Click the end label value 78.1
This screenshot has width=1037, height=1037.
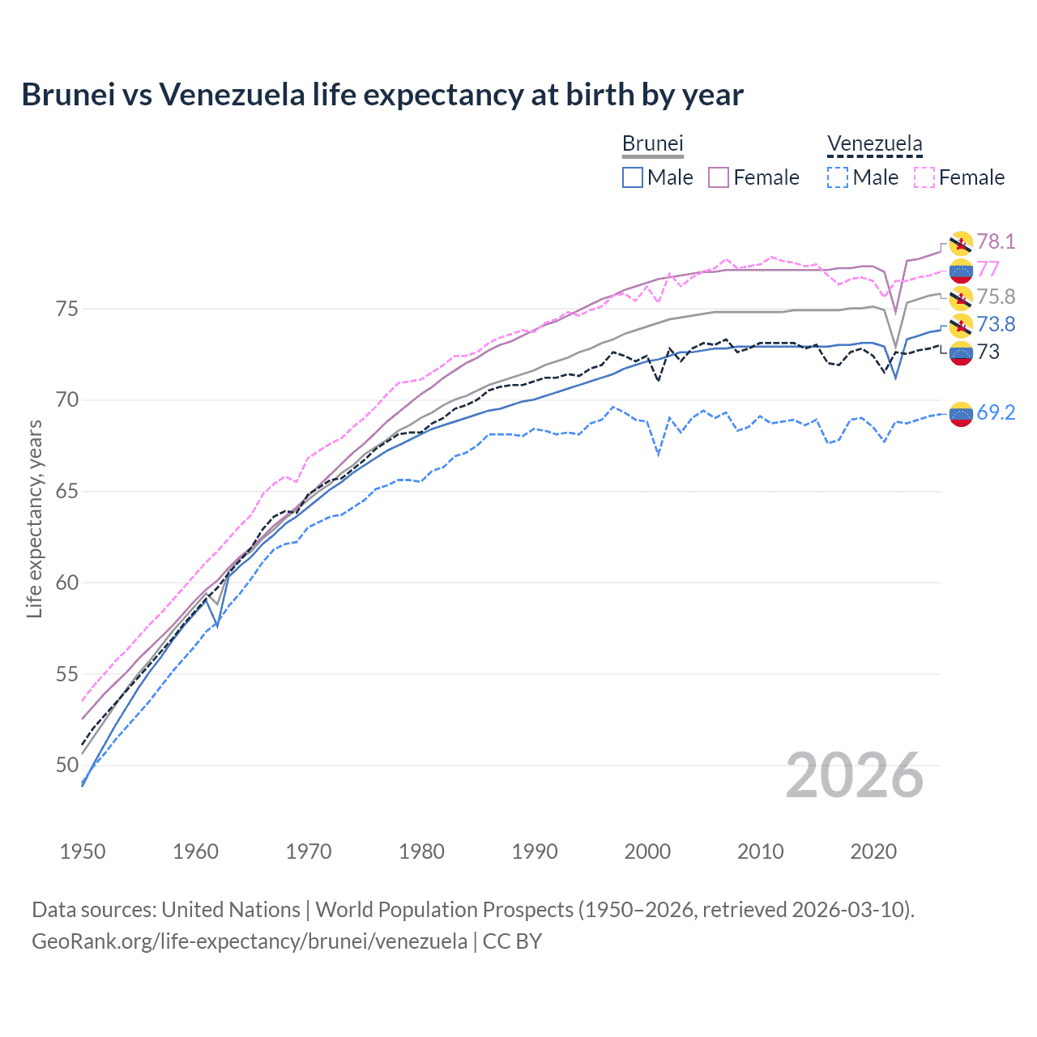pyautogui.click(x=996, y=241)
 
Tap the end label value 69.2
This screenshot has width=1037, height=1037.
pyautogui.click(x=996, y=412)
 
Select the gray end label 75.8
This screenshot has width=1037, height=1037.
pyautogui.click(x=996, y=297)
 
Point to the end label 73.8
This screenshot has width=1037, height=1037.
pyautogui.click(x=996, y=324)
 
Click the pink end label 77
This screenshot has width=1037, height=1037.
pyautogui.click(x=988, y=269)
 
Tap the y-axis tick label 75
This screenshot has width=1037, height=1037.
pyautogui.click(x=67, y=309)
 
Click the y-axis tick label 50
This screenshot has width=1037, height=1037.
pyautogui.click(x=67, y=765)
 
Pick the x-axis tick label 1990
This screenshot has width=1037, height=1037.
pyautogui.click(x=534, y=851)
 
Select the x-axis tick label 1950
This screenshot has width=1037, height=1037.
pyautogui.click(x=83, y=851)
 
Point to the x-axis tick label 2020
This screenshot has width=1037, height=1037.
pyautogui.click(x=873, y=851)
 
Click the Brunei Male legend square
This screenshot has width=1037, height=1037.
pyautogui.click(x=633, y=177)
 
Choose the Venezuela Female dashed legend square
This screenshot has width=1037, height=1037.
pyautogui.click(x=924, y=177)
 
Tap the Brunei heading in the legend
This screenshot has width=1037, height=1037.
pyautogui.click(x=653, y=143)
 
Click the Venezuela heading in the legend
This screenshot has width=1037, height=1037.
pyautogui.click(x=874, y=143)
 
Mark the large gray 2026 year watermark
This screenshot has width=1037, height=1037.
pyautogui.click(x=855, y=775)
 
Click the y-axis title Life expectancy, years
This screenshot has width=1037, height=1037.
pyautogui.click(x=34, y=518)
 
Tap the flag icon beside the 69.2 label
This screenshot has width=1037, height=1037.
pyautogui.click(x=961, y=413)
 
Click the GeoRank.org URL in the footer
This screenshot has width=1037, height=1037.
pyautogui.click(x=250, y=941)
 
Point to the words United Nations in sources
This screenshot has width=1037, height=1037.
pyautogui.click(x=231, y=909)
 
